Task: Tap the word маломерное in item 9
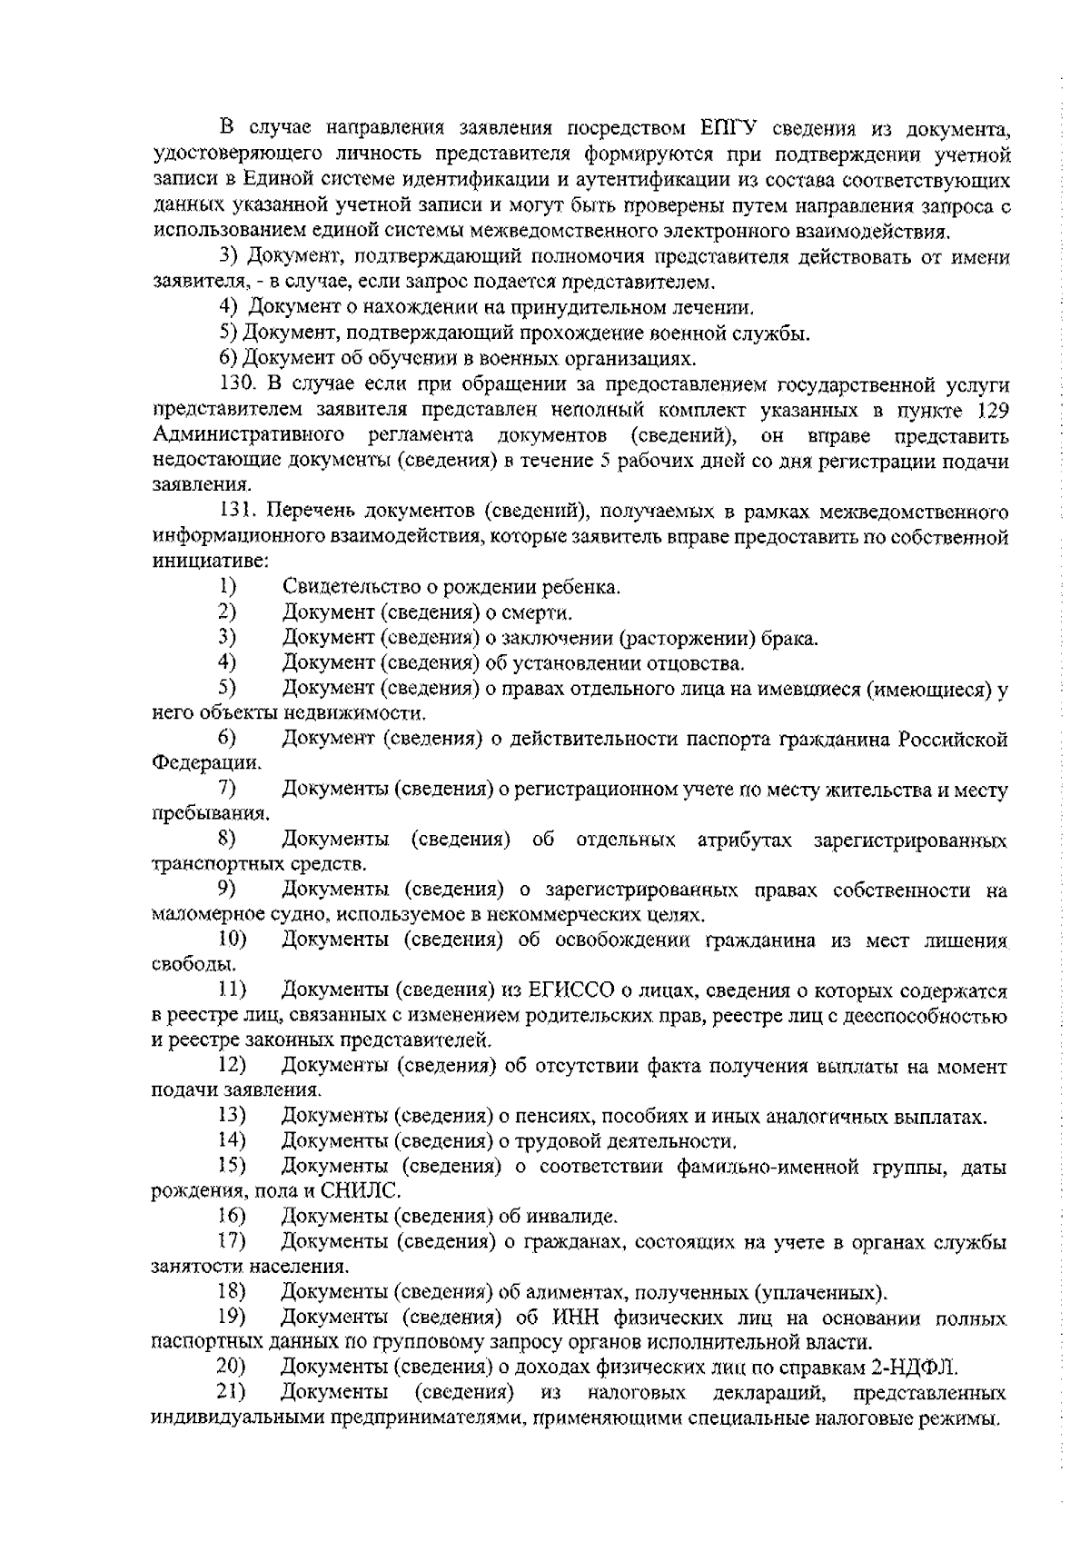197,914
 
